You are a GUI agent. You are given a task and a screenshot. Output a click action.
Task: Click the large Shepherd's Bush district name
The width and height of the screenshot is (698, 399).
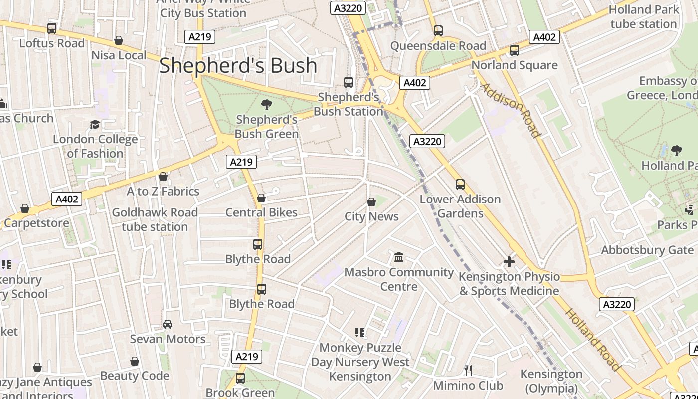238,66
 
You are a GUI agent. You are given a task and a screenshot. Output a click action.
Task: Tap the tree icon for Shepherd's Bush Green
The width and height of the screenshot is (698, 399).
267,105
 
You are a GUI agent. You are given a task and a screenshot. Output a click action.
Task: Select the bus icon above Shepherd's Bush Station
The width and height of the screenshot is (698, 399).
349,82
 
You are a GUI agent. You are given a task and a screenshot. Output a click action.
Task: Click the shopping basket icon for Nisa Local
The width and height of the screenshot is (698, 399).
119,40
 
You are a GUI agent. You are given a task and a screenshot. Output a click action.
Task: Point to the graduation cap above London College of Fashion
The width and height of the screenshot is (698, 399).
95,124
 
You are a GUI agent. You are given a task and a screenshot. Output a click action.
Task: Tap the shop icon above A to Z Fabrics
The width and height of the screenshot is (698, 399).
163,177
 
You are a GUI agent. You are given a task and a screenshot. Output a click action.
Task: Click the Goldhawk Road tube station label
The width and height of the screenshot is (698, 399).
155,219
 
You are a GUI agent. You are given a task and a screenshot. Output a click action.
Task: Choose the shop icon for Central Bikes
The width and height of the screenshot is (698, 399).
261,198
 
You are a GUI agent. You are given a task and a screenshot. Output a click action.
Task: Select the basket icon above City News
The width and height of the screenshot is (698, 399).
371,202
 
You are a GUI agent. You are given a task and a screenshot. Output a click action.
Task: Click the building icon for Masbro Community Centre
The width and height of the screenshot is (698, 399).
399,257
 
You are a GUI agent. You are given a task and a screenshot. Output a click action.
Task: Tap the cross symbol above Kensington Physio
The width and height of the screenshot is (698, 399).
509,261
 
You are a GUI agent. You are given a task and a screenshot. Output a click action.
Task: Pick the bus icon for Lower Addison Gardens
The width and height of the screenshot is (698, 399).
460,185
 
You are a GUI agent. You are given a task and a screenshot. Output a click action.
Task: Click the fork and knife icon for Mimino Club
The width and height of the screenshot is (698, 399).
468,370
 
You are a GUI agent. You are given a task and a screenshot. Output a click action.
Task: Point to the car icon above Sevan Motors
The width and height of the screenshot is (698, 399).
168,324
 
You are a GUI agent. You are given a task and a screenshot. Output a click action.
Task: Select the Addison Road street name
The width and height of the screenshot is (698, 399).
510,110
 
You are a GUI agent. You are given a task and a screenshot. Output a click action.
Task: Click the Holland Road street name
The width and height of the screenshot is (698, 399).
593,339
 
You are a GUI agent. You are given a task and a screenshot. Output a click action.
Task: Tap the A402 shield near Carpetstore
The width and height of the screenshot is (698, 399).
67,199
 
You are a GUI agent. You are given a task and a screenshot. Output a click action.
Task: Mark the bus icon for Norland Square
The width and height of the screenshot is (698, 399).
514,50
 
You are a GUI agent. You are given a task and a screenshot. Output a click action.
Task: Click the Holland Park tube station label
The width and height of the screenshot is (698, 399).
643,17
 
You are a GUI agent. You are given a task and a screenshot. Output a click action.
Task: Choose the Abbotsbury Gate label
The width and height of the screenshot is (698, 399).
647,250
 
